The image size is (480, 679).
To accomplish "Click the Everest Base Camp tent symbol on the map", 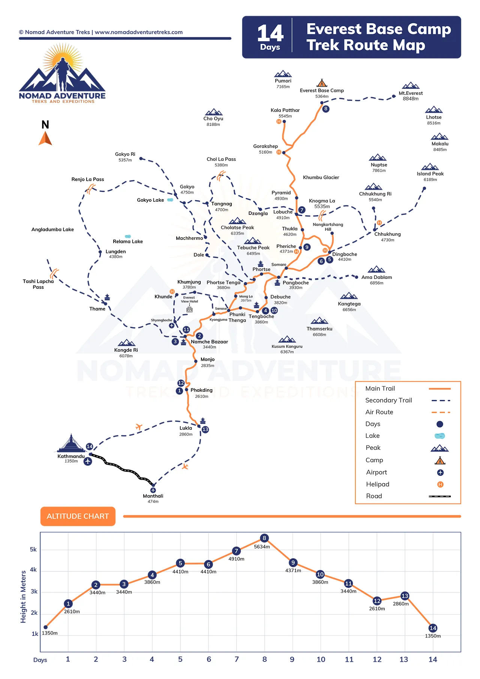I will click(x=322, y=83).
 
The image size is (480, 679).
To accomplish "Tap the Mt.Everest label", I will click(x=411, y=93).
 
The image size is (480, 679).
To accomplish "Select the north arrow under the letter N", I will click(x=45, y=138).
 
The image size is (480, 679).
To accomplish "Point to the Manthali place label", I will click(x=153, y=496).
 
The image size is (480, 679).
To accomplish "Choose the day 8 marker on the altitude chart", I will click(x=264, y=538).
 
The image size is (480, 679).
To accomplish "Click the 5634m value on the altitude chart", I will click(x=262, y=547).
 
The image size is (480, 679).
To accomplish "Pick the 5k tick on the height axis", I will click(x=33, y=550).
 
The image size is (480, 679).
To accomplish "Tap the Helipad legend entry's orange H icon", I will click(x=440, y=484).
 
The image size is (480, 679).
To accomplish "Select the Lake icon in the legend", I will click(x=439, y=436).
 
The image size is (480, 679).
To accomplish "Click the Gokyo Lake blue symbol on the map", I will click(x=170, y=200).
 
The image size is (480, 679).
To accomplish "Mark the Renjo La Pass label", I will click(x=88, y=179).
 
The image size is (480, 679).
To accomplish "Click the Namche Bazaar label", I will click(x=209, y=342).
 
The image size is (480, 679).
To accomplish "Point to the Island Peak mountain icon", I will click(x=430, y=167).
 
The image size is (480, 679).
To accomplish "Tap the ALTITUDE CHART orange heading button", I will click(x=78, y=516).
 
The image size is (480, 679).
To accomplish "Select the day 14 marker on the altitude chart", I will click(x=433, y=628).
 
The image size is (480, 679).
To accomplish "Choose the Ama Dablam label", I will click(x=376, y=277).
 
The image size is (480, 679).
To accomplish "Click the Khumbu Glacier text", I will click(x=321, y=177).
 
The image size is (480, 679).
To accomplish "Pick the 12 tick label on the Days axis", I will click(x=377, y=660).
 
